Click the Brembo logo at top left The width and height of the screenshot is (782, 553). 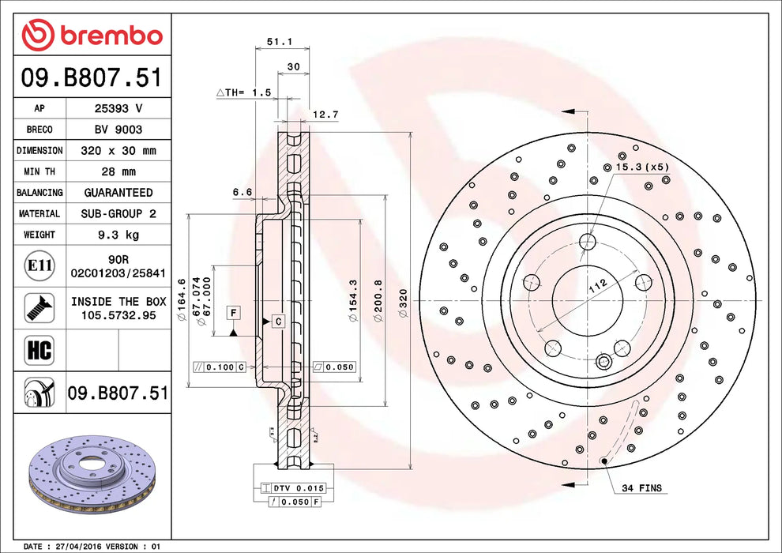pyautogui.click(x=92, y=35)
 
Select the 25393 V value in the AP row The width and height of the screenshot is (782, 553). pyautogui.click(x=118, y=107)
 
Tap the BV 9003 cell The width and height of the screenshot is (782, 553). pyautogui.click(x=118, y=129)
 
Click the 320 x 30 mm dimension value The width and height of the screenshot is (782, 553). pyautogui.click(x=118, y=150)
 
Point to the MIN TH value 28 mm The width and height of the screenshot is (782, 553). pyautogui.click(x=118, y=171)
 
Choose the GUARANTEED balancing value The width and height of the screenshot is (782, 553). pyautogui.click(x=118, y=192)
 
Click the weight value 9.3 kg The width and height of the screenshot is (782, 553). pyautogui.click(x=118, y=235)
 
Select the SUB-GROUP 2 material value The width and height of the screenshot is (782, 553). pyautogui.click(x=118, y=213)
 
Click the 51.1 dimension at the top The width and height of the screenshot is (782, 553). pyautogui.click(x=273, y=42)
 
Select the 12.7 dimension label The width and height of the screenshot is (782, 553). pyautogui.click(x=325, y=115)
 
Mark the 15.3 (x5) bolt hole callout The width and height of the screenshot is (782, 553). pyautogui.click(x=641, y=167)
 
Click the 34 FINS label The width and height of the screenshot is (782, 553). pyautogui.click(x=642, y=488)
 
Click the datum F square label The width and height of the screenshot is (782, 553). pyautogui.click(x=232, y=312)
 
